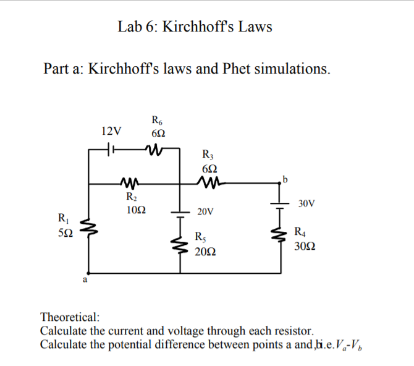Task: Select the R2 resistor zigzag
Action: point(131,183)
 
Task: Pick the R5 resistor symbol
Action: point(180,243)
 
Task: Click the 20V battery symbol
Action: point(180,213)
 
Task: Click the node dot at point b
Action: point(282,183)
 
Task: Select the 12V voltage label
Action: point(111,131)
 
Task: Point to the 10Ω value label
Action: point(135,210)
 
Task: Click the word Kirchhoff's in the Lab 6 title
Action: point(198,27)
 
